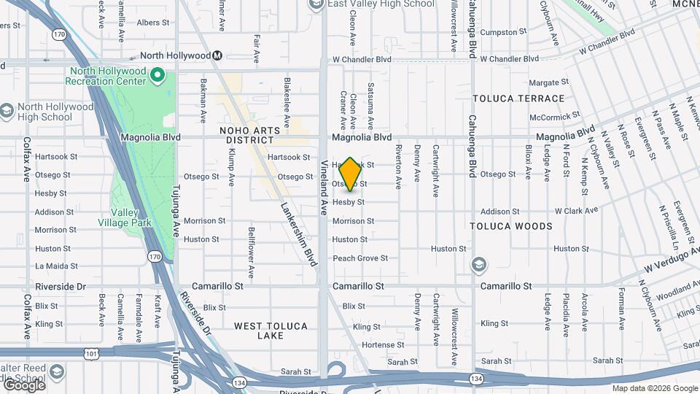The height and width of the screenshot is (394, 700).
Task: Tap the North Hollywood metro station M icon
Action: click(x=217, y=55)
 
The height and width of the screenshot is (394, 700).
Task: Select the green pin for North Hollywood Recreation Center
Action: click(x=157, y=74)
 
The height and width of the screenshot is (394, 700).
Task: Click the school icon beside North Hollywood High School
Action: click(x=7, y=111)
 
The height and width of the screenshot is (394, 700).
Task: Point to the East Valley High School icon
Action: click(x=316, y=4)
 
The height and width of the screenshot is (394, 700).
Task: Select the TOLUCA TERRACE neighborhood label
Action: click(x=518, y=98)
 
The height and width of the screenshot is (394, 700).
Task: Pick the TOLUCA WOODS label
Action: click(x=512, y=226)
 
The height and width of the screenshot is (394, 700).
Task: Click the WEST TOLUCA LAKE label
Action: click(x=271, y=331)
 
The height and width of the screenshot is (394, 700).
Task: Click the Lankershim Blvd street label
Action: click(x=300, y=233)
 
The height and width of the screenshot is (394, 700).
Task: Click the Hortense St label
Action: click(x=382, y=344)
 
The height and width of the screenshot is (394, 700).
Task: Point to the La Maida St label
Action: click(x=56, y=266)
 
